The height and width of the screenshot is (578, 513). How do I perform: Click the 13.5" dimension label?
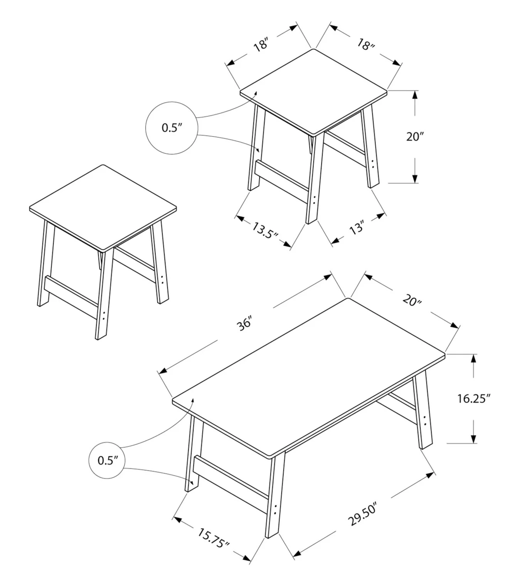coord(264,230)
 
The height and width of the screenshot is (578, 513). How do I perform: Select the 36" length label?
coord(244,323)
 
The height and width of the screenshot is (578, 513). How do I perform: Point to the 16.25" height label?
coord(474,398)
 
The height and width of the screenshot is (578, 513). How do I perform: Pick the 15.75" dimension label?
coord(214,538)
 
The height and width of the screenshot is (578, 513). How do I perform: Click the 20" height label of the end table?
coord(415,137)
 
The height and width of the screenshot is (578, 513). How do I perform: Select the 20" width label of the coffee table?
coord(412,300)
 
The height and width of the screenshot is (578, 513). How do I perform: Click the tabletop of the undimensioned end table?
coord(103,208)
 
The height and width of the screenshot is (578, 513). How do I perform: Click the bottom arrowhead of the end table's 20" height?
coord(415,178)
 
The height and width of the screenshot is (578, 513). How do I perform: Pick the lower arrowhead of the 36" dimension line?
coord(163,371)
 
